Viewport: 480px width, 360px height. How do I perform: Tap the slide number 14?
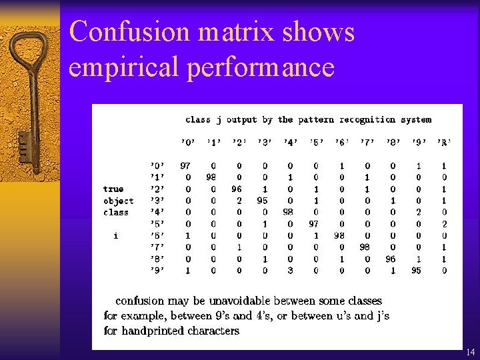470,351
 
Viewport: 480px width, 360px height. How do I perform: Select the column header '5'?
315,142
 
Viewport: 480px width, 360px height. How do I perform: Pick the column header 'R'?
444,142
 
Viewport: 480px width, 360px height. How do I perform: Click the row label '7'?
157,247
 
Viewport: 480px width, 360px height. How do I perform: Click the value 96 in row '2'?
237,189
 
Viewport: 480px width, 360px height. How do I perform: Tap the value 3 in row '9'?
290,271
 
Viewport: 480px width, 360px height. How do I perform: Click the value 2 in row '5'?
444,224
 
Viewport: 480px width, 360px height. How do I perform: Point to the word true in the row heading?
113,189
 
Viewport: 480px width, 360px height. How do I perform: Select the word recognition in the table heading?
368,120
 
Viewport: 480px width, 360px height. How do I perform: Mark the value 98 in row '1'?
211,177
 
